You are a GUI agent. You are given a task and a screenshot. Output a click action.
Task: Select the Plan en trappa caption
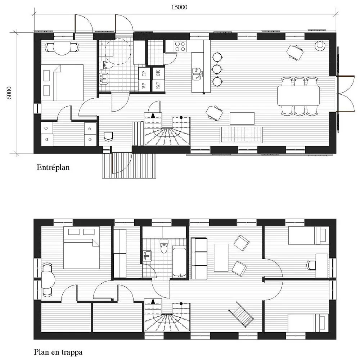pos(58,352)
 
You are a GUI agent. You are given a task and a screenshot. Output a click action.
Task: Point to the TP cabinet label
pos(144,74)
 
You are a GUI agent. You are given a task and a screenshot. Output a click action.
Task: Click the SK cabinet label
pos(158,73)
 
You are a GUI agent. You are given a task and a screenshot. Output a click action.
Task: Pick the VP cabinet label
pos(144,86)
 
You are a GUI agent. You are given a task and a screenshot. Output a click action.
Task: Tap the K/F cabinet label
pos(158,86)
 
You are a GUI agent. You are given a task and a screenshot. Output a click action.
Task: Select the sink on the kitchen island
pos(198,74)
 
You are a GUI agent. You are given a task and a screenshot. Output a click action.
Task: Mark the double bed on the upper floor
pos(82,248)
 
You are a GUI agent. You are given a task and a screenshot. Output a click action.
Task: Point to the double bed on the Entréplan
pos(63,82)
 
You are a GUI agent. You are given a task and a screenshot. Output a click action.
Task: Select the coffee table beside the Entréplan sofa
pos(242,118)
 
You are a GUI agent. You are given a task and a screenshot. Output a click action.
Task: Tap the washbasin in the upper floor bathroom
pos(147,255)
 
